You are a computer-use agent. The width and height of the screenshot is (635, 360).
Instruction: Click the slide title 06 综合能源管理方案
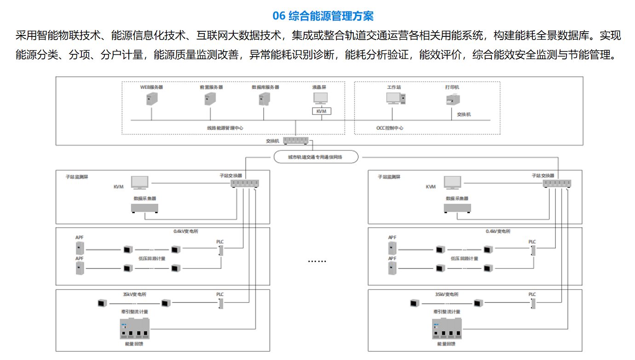(x=323, y=16)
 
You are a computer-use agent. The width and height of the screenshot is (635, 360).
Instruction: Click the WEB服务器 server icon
(x=152, y=99)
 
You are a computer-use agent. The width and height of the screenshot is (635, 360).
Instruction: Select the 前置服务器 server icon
(x=210, y=99)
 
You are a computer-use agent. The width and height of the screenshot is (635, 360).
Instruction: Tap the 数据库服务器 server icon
(x=265, y=99)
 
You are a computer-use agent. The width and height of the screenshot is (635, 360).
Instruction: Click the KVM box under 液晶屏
(x=321, y=111)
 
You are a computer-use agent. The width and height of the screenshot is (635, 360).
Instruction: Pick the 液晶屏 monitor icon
(x=321, y=98)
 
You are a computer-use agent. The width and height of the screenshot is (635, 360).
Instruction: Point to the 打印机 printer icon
(x=453, y=99)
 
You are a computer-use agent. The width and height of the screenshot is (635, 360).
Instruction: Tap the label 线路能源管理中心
(x=225, y=128)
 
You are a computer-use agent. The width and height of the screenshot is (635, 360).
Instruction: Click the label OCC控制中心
(x=390, y=128)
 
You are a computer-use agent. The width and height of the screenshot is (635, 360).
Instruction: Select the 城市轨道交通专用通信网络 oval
(x=316, y=157)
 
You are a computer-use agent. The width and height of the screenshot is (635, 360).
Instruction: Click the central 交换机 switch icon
(x=296, y=141)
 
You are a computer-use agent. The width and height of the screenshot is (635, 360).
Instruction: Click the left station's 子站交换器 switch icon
(x=244, y=183)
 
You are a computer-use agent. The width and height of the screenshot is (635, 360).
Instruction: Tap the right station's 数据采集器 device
(x=457, y=209)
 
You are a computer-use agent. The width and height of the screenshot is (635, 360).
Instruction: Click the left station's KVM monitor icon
(x=139, y=182)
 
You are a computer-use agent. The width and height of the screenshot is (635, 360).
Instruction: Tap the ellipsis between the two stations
(x=317, y=261)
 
